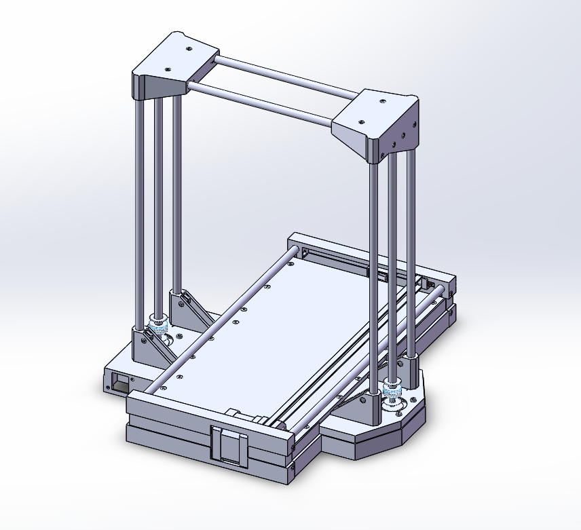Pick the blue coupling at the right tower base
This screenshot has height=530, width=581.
click(x=392, y=391)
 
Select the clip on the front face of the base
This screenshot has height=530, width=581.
click(x=229, y=445)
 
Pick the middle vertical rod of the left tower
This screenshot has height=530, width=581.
click(x=159, y=204)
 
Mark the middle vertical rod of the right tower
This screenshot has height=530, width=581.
click(x=393, y=265)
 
